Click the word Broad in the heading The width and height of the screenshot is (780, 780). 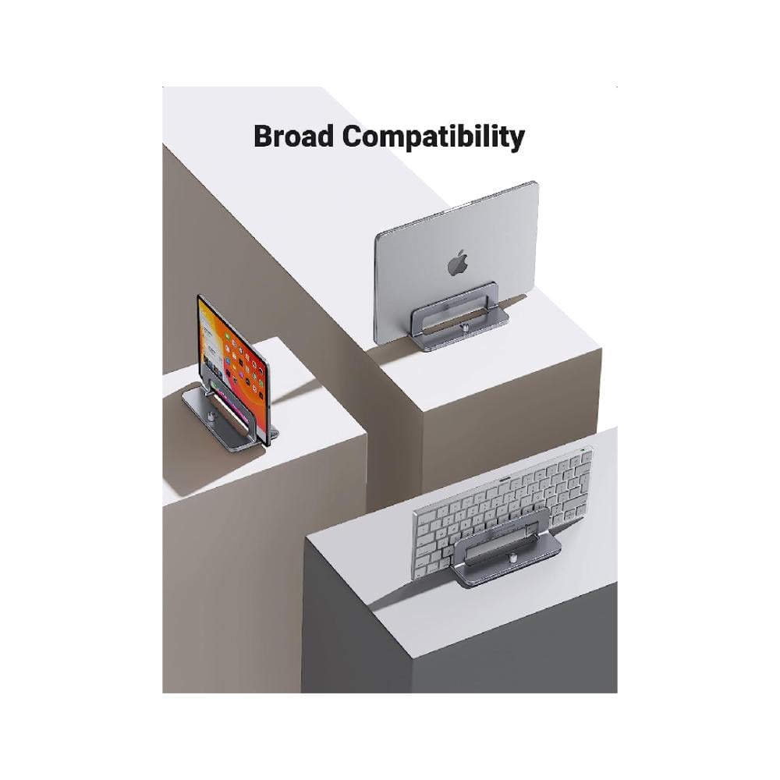[x=295, y=136]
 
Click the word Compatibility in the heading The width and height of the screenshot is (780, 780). [x=434, y=137]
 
